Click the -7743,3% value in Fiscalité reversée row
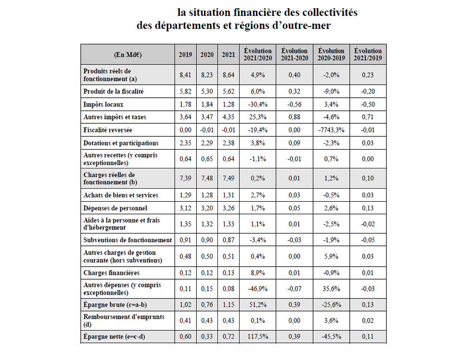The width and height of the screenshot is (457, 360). (331, 130)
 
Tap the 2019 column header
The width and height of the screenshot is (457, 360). (185, 54)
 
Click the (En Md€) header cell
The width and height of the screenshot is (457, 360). (127, 54)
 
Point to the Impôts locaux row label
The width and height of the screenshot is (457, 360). (104, 104)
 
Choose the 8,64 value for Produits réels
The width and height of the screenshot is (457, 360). (228, 75)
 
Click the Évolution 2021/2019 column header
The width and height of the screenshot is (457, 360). (368, 54)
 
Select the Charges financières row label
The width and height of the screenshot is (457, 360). (112, 273)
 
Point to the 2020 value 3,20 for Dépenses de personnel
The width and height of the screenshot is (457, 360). (207, 208)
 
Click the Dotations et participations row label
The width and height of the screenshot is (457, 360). (121, 143)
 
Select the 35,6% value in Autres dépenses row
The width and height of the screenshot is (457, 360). (331, 289)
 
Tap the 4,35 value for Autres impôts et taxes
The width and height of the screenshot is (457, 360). (228, 117)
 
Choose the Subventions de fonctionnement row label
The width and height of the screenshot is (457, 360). (127, 240)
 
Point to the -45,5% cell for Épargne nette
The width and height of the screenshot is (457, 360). (331, 337)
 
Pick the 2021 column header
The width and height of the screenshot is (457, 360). (228, 54)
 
